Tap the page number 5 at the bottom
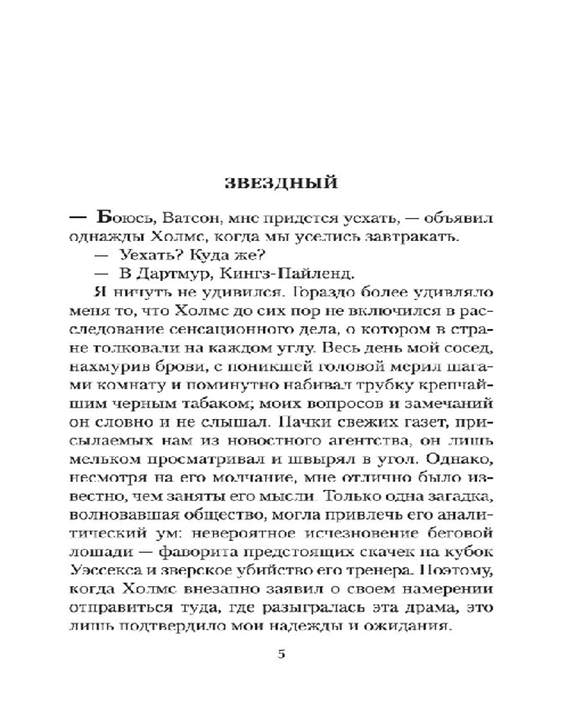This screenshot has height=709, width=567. tap(282, 653)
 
